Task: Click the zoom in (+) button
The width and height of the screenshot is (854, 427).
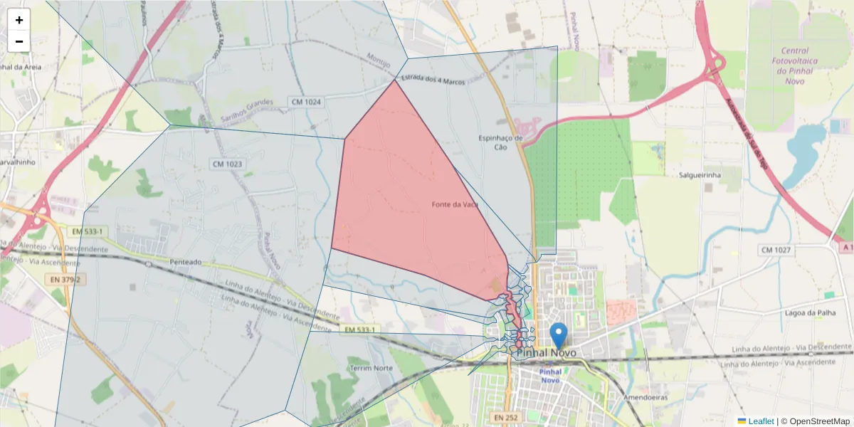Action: [x=19, y=20]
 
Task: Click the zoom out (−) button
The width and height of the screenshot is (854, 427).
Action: [x=19, y=41]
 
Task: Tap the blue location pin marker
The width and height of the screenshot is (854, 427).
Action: [x=559, y=335]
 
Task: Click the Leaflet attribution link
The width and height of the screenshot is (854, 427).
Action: [x=761, y=421]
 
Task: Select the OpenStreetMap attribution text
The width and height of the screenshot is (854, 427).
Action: [x=819, y=421]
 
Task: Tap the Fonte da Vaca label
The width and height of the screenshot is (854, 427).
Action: [x=454, y=204]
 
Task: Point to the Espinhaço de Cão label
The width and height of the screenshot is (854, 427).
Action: [x=500, y=142]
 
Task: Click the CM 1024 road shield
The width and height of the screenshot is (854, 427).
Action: [x=306, y=102]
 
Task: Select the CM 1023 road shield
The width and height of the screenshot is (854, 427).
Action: [x=227, y=164]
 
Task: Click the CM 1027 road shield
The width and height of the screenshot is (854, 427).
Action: [x=776, y=250]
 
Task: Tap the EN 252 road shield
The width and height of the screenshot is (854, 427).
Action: [x=508, y=416]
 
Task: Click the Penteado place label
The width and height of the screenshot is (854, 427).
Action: [x=186, y=262]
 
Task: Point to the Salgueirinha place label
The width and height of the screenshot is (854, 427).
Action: [x=700, y=175]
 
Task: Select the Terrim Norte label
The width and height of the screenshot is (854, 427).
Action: [x=371, y=368]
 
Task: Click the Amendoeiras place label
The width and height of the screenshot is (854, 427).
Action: [x=645, y=397]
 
